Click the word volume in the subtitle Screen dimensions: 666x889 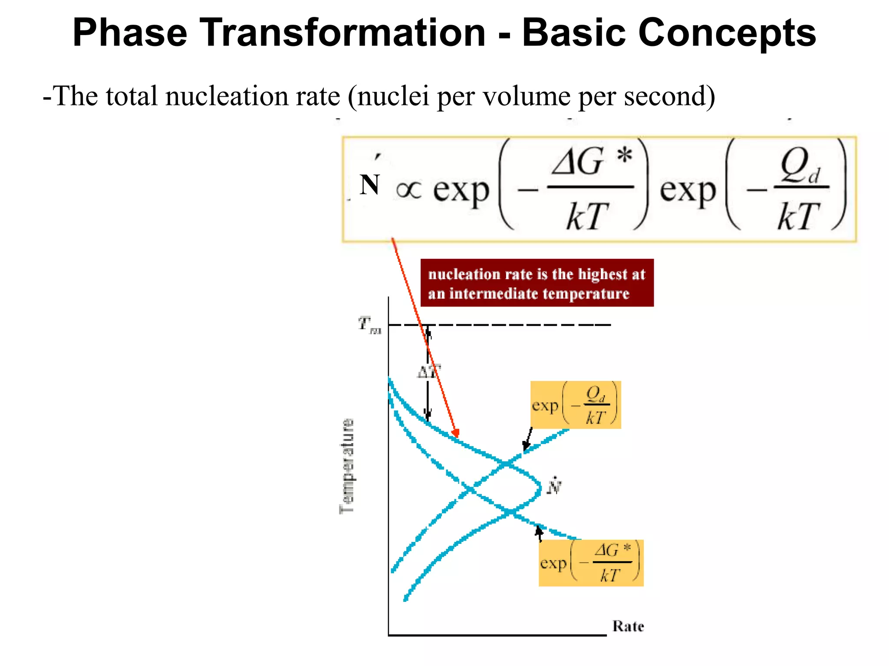coord(527,96)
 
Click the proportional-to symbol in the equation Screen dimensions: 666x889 coord(408,190)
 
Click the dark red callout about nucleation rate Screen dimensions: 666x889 coord(537,283)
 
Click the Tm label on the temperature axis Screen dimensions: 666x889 coord(369,325)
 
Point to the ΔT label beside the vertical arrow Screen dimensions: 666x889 coord(428,372)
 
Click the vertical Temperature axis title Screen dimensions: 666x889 coord(346,466)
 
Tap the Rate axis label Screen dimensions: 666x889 coord(628,626)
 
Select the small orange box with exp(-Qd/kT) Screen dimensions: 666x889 coord(576,405)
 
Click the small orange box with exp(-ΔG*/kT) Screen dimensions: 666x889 coord(591,563)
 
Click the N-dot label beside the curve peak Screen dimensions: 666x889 coord(554,486)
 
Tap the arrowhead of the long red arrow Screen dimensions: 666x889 coord(456,433)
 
